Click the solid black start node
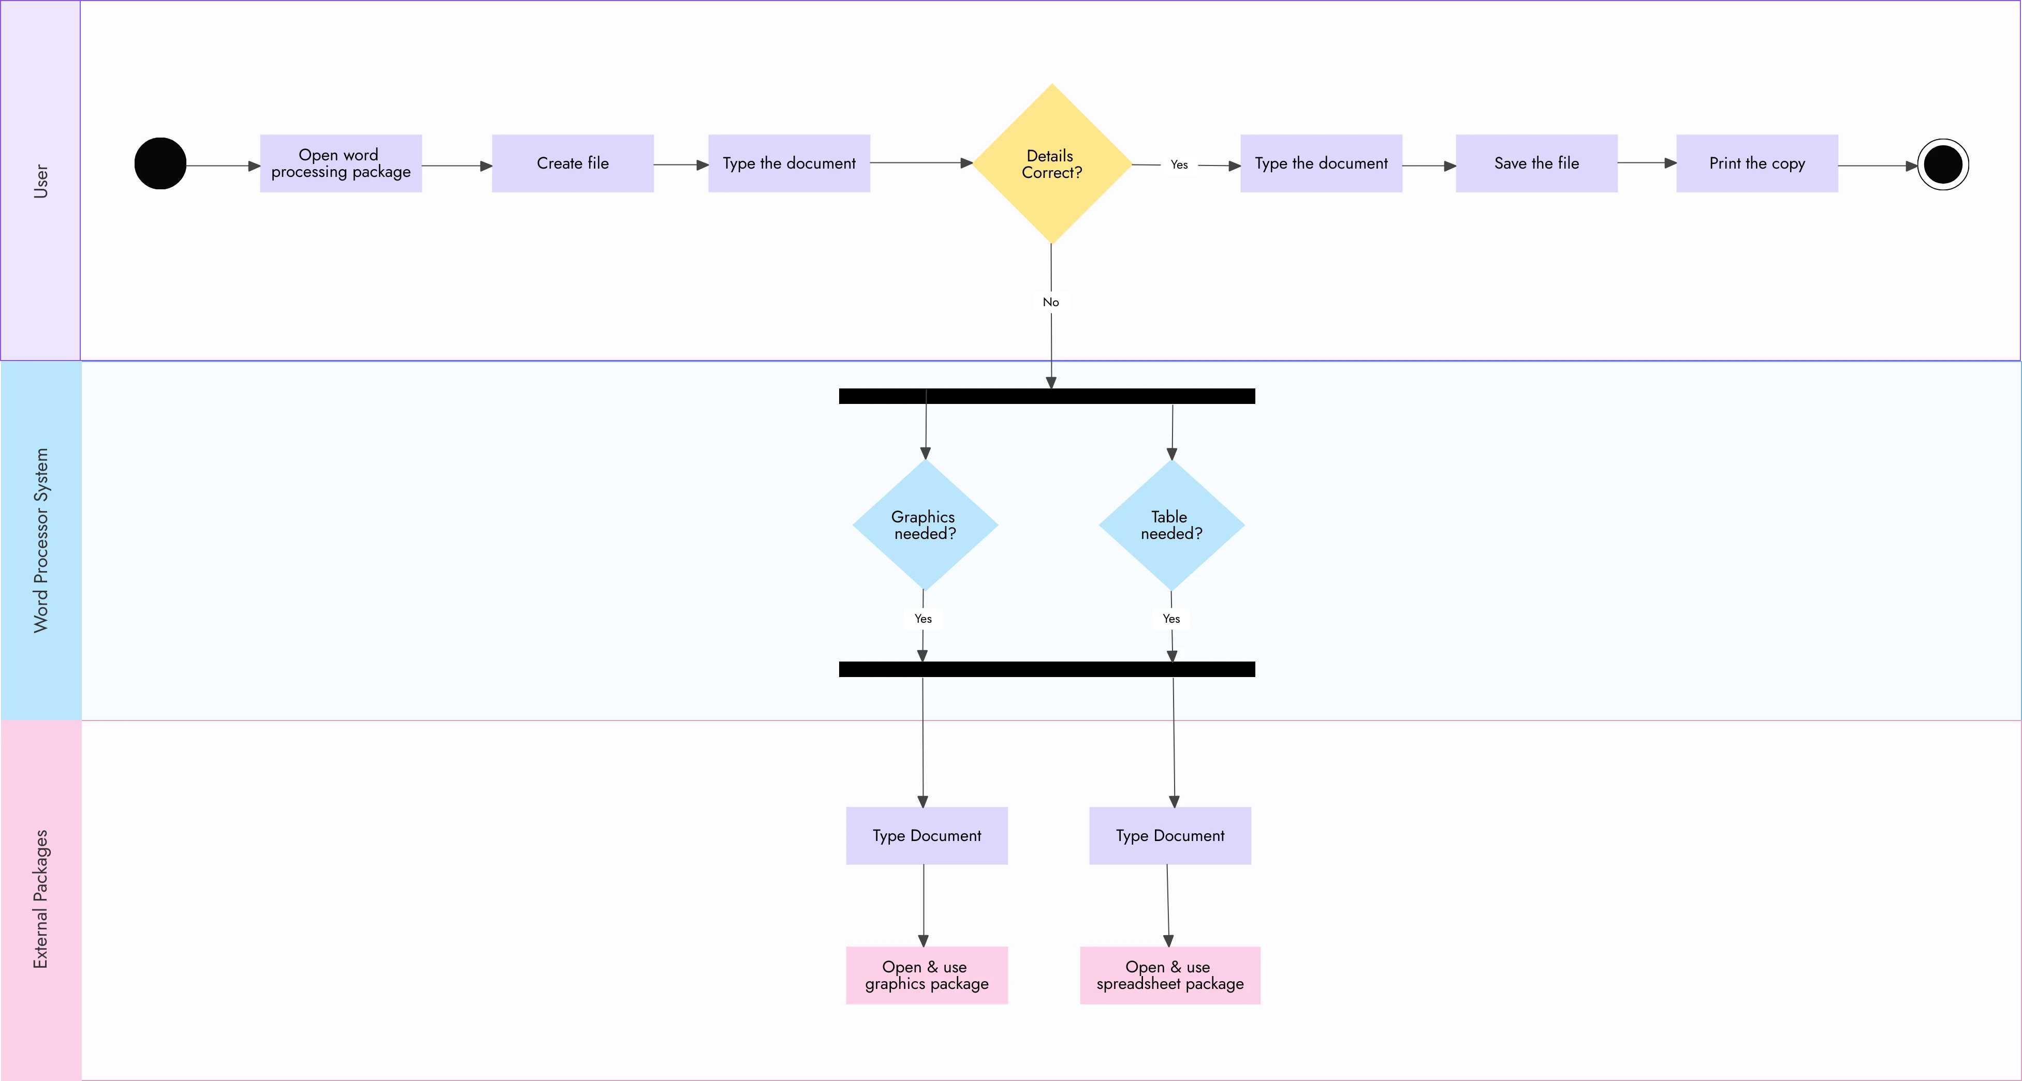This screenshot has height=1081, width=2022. [x=160, y=163]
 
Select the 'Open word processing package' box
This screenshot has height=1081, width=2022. [x=341, y=163]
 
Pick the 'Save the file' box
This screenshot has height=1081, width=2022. [x=1536, y=163]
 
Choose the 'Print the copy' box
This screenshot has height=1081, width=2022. [x=1756, y=163]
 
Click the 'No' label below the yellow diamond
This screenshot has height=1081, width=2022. [x=1051, y=302]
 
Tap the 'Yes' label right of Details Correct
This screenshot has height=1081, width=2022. [x=1179, y=165]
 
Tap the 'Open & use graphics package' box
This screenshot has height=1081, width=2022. [x=926, y=975]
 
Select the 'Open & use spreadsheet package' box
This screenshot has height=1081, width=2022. [x=1169, y=975]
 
